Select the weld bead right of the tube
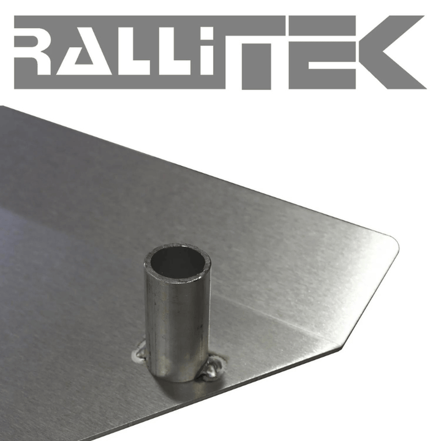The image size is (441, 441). tap(214, 367)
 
